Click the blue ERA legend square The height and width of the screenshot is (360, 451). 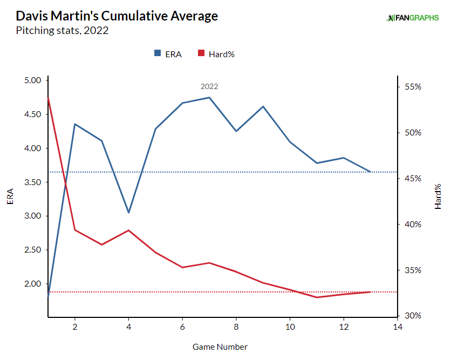[x=158, y=53]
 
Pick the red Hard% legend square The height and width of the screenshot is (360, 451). [x=201, y=53]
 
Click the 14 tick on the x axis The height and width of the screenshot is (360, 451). [x=398, y=328]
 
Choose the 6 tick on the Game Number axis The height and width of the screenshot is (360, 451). [x=182, y=328]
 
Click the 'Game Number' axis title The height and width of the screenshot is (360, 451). [x=220, y=347]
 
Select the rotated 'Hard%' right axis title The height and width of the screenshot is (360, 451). [x=438, y=196]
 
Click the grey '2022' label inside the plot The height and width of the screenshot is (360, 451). [x=209, y=86]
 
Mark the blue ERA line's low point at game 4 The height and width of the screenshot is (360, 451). [x=128, y=213]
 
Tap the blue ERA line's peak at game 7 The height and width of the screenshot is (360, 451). [x=209, y=98]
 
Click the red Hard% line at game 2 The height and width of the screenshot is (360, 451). [x=75, y=230]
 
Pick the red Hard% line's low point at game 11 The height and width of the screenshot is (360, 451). [x=317, y=297]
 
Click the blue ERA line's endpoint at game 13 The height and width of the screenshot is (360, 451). [x=371, y=172]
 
